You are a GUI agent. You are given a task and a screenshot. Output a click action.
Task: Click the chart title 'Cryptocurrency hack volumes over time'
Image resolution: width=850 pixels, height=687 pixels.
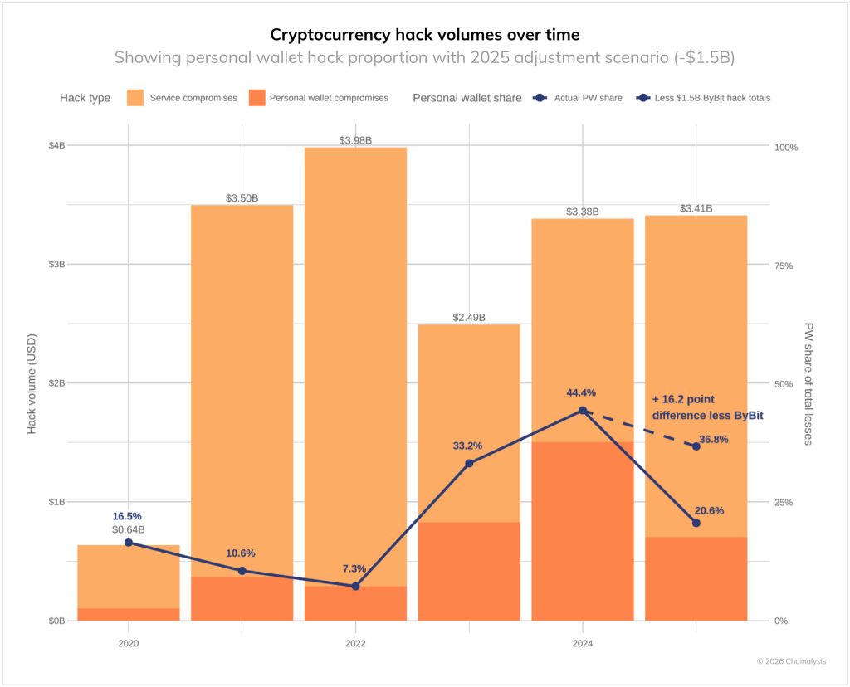pyautogui.click(x=424, y=35)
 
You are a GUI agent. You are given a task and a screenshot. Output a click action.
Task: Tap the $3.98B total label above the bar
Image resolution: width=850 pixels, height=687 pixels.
pyautogui.click(x=355, y=140)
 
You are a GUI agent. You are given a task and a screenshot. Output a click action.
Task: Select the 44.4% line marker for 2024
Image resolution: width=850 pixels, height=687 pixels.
pyautogui.click(x=582, y=411)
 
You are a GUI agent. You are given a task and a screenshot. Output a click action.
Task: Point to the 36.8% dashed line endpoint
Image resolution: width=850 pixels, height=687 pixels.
pyautogui.click(x=696, y=446)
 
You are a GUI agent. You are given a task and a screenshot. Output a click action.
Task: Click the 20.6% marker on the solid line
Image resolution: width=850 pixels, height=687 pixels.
pyautogui.click(x=696, y=523)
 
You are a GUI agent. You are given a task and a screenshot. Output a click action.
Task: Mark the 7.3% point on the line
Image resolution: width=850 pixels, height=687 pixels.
pyautogui.click(x=355, y=586)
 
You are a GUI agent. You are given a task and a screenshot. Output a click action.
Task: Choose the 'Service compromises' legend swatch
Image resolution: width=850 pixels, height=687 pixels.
pyautogui.click(x=136, y=98)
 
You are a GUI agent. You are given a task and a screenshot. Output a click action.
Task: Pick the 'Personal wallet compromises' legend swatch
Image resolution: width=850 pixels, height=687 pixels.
pyautogui.click(x=256, y=98)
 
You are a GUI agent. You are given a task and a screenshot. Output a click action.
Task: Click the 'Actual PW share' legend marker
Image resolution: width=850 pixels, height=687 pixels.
pyautogui.click(x=540, y=98)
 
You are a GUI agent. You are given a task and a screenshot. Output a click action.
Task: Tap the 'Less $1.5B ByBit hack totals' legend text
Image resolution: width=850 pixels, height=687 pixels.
pyautogui.click(x=712, y=98)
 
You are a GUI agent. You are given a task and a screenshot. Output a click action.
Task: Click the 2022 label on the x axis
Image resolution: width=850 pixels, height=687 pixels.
pyautogui.click(x=355, y=643)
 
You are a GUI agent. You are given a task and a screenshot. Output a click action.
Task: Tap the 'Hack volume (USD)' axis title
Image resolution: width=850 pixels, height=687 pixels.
pyautogui.click(x=32, y=383)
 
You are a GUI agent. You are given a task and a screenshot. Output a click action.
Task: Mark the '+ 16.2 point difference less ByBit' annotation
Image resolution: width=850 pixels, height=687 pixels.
pyautogui.click(x=707, y=407)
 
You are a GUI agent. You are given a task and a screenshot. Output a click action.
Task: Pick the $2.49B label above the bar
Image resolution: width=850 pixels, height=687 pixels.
pyautogui.click(x=469, y=318)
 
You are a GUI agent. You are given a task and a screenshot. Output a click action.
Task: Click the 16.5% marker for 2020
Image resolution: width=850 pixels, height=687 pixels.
pyautogui.click(x=129, y=543)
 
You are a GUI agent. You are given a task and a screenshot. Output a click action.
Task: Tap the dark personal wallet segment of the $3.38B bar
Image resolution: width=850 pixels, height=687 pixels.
pyautogui.click(x=582, y=531)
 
